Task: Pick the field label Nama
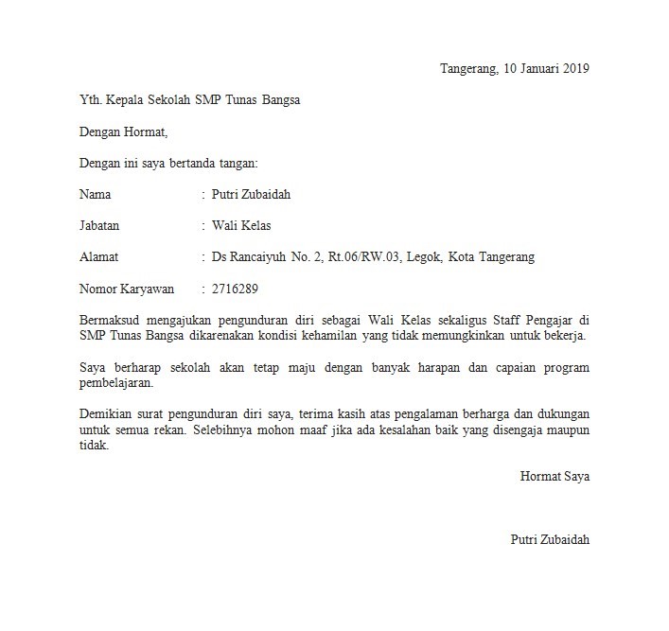pyautogui.click(x=96, y=194)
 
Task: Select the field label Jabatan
pyautogui.click(x=99, y=225)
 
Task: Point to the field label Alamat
pyautogui.click(x=99, y=256)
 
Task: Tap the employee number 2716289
pyautogui.click(x=236, y=289)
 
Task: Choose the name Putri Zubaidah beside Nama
pyautogui.click(x=252, y=194)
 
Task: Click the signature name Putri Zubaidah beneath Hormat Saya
pyautogui.click(x=550, y=539)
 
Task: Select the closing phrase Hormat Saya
pyautogui.click(x=555, y=476)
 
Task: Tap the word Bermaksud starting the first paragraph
pyautogui.click(x=111, y=320)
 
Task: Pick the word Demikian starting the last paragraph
pyautogui.click(x=107, y=413)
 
